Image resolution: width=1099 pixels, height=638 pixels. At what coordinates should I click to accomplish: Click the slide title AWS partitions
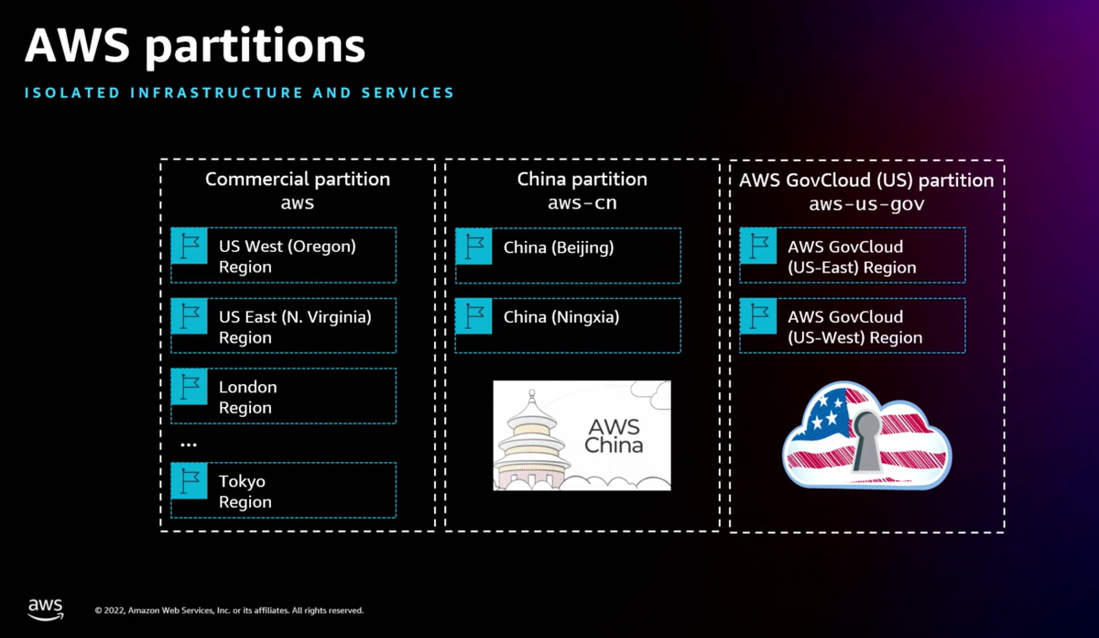click(x=194, y=46)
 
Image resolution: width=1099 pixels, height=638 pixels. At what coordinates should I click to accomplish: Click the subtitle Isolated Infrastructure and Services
click(x=238, y=93)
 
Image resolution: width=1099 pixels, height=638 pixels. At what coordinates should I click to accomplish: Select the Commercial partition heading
click(x=298, y=180)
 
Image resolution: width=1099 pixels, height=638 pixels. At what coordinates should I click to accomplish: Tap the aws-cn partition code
click(x=582, y=203)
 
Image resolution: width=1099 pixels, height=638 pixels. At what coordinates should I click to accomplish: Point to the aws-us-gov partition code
click(x=866, y=203)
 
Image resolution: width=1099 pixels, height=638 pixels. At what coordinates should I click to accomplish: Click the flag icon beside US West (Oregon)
click(x=190, y=247)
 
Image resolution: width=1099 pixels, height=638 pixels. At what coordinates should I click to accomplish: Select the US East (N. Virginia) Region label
click(x=295, y=327)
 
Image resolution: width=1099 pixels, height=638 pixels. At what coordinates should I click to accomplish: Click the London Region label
click(x=247, y=397)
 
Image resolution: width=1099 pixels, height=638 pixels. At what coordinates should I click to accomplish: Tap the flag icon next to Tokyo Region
click(x=190, y=481)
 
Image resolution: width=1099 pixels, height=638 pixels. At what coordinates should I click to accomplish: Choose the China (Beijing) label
click(x=559, y=247)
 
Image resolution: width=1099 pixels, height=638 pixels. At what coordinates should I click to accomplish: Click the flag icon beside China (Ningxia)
click(x=475, y=317)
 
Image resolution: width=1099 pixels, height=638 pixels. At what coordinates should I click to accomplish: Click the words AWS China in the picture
click(x=614, y=437)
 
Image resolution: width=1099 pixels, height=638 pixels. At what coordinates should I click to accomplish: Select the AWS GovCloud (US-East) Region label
click(x=852, y=257)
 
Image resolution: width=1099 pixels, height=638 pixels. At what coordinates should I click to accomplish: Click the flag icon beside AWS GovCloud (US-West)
click(x=759, y=317)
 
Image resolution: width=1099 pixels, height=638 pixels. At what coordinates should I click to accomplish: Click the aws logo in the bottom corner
click(x=45, y=608)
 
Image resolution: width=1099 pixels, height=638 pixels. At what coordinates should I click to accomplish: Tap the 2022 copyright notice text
click(x=229, y=610)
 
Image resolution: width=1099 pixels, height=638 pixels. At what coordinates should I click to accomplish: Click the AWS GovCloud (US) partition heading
click(x=866, y=180)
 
